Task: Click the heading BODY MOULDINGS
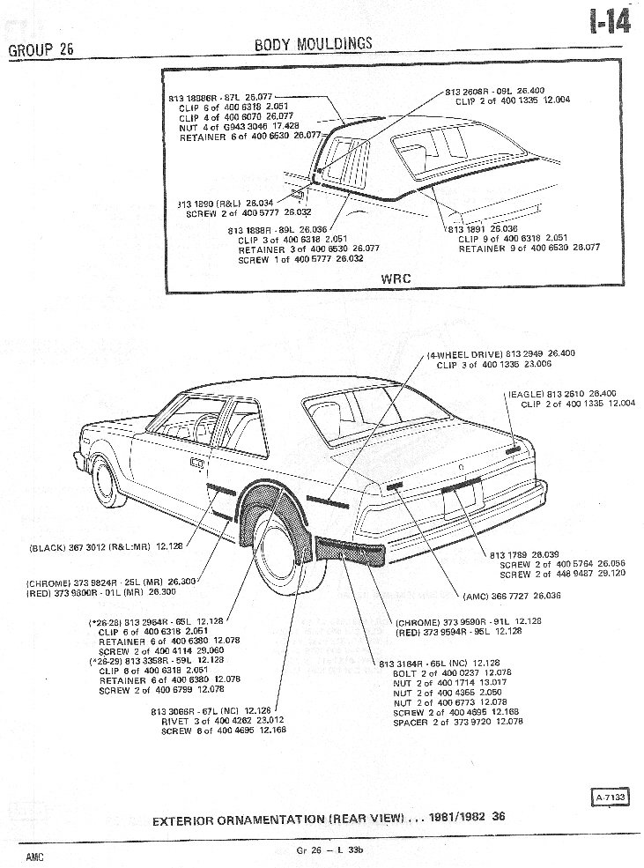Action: [x=313, y=43]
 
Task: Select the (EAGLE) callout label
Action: [x=524, y=393]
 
